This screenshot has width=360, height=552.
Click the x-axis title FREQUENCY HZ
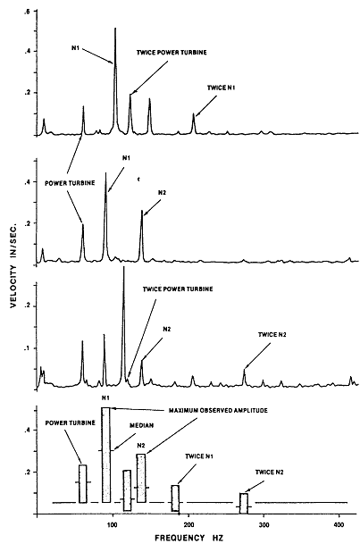point(188,538)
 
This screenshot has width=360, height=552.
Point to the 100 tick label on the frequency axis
point(113,525)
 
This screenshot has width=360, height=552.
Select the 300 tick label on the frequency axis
point(264,525)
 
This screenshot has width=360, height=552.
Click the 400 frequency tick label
point(339,525)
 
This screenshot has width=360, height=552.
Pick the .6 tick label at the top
point(27,12)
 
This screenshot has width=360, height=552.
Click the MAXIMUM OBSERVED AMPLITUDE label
point(218,411)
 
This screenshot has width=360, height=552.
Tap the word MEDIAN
point(142,425)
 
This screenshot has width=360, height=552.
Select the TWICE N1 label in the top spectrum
point(221,88)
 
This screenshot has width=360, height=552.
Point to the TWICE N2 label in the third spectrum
point(272,335)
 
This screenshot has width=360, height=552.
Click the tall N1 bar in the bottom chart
point(106,455)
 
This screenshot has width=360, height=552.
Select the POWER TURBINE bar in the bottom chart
point(83,484)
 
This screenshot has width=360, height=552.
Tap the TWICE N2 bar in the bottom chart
point(244,503)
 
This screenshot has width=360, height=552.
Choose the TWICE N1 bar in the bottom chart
point(175,498)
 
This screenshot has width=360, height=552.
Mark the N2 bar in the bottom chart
point(141,478)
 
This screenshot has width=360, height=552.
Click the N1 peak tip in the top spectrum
point(115,28)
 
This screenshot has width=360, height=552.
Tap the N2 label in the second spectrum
point(163,193)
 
